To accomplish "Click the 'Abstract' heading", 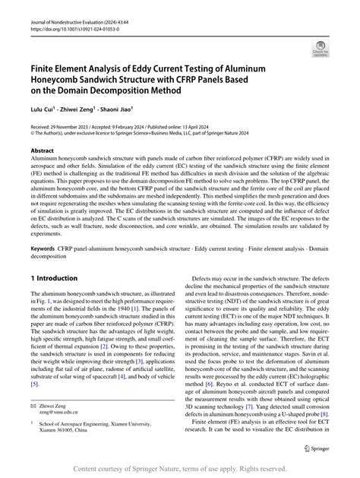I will tap(43, 151).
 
